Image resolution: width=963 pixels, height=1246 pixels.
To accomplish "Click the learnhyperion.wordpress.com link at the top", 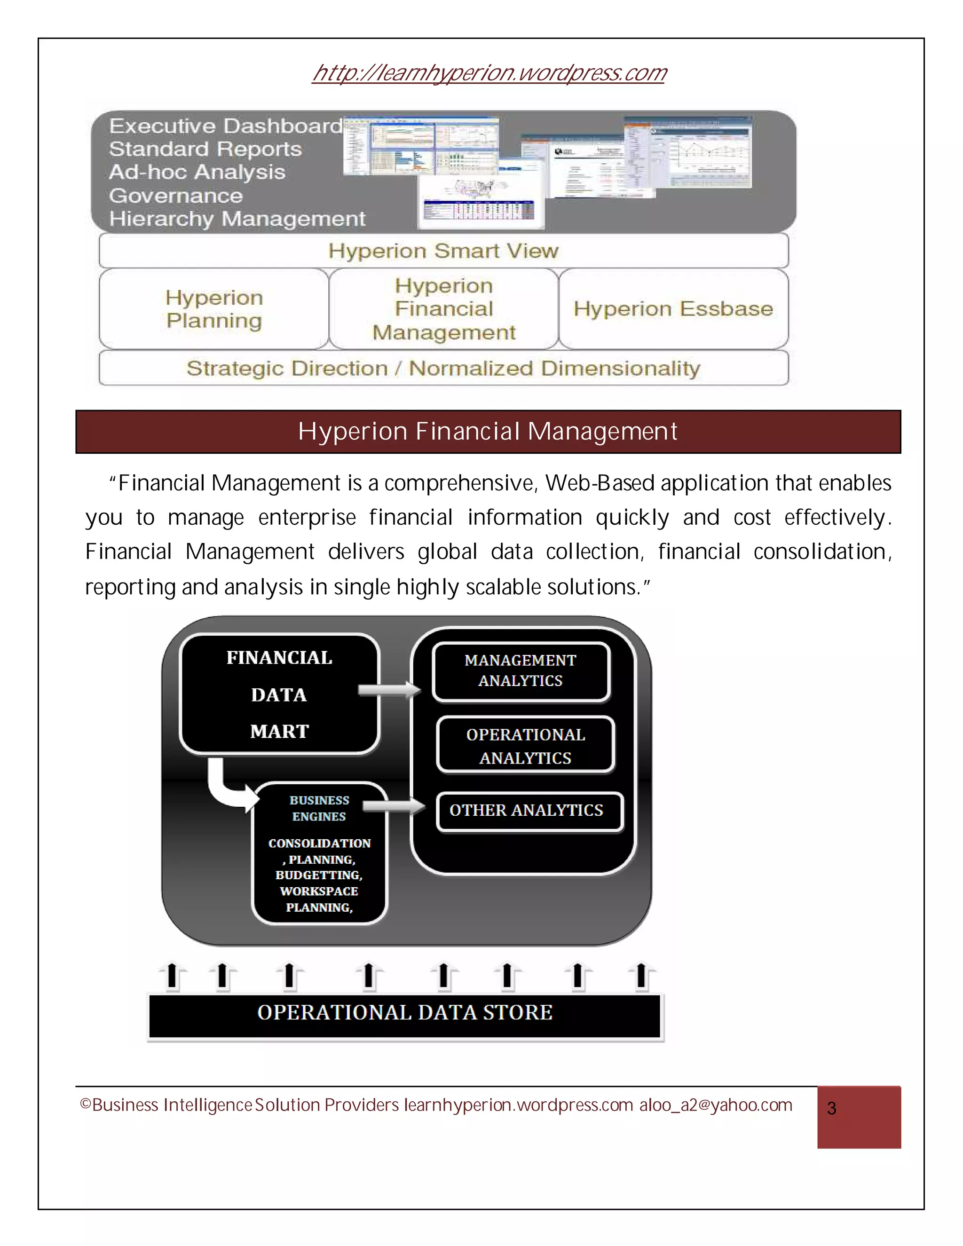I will pyautogui.click(x=489, y=73).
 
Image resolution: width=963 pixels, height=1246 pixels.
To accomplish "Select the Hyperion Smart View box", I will pyautogui.click(x=443, y=251).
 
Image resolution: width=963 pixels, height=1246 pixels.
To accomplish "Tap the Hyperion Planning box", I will pyautogui.click(x=214, y=308).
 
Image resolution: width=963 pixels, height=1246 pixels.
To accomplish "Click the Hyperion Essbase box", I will pyautogui.click(x=673, y=308).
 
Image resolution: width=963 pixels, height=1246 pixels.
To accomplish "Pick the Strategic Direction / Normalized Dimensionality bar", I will pyautogui.click(x=443, y=368).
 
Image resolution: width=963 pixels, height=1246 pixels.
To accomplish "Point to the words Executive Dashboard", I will pyautogui.click(x=226, y=126).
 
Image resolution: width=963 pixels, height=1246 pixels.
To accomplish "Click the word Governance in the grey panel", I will pyautogui.click(x=176, y=196).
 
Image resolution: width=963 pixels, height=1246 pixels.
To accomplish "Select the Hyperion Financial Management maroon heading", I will pyautogui.click(x=488, y=431).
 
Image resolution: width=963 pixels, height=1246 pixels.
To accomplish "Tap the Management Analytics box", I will pyautogui.click(x=521, y=671).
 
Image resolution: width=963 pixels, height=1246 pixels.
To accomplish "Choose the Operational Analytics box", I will pyautogui.click(x=525, y=746).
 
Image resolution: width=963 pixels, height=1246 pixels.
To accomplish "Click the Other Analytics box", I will pyautogui.click(x=526, y=810).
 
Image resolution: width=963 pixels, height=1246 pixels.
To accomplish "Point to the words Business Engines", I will pyautogui.click(x=319, y=808).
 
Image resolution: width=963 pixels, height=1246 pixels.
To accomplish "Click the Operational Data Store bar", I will pyautogui.click(x=404, y=1013).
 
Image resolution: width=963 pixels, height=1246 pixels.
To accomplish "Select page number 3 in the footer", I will pyautogui.click(x=832, y=1109).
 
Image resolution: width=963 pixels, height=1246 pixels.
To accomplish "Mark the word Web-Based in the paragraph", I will pyautogui.click(x=600, y=483).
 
